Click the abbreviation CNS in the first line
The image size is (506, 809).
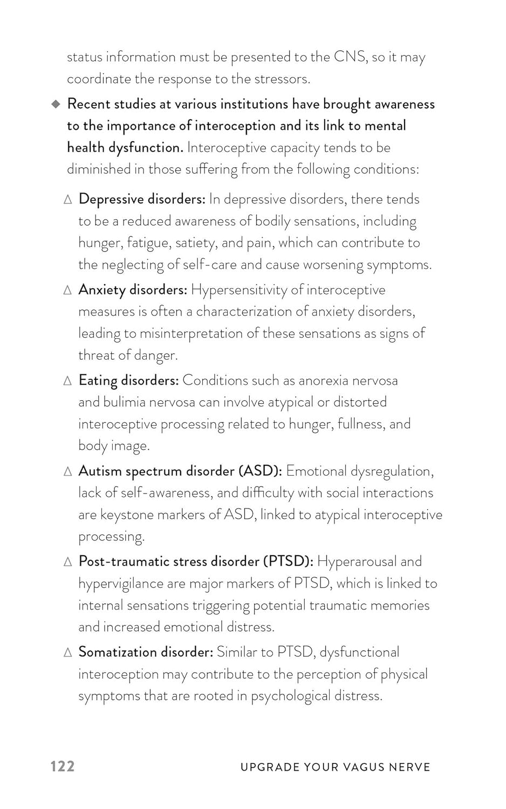click(x=350, y=57)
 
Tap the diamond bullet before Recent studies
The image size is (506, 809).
click(x=56, y=104)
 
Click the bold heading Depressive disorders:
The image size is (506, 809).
click(x=142, y=199)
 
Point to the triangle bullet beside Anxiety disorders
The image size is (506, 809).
click(x=67, y=290)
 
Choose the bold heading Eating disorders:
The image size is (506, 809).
click(x=128, y=380)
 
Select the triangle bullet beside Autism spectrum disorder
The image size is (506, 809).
click(x=67, y=471)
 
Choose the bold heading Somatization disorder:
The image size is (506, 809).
click(x=146, y=652)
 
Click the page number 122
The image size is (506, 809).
click(x=63, y=766)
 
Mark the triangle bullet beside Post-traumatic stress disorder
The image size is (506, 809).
click(x=67, y=562)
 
